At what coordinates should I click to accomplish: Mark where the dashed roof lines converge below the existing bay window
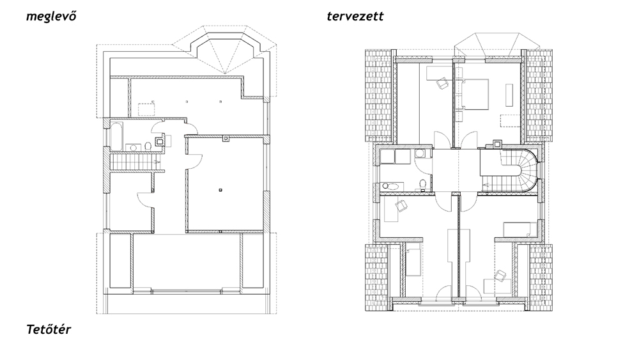(x=226, y=74)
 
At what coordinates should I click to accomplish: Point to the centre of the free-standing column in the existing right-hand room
(x=220, y=189)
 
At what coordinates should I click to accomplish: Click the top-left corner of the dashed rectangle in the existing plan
(x=138, y=104)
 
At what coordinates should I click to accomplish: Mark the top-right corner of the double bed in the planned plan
(x=488, y=79)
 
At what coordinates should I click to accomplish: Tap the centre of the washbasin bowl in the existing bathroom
(x=133, y=147)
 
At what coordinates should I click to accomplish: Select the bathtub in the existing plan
(x=116, y=136)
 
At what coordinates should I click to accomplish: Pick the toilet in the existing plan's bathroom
(x=148, y=146)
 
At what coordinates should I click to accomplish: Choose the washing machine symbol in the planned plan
(x=420, y=153)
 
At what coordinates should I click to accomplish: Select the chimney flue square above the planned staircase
(x=497, y=143)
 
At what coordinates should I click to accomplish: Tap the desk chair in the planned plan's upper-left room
(x=442, y=84)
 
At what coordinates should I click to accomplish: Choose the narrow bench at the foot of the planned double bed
(x=509, y=95)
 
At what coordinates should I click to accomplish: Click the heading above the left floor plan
(x=51, y=17)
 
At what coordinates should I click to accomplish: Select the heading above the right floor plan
(x=355, y=17)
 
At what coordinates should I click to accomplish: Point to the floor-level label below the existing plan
(x=49, y=329)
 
